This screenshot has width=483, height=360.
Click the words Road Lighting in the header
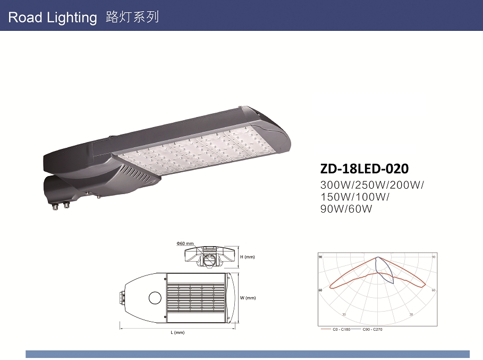click(53, 18)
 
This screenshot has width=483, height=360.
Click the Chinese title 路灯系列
click(132, 17)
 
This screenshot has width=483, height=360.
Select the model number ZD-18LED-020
click(365, 169)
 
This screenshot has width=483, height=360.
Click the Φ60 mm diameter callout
click(185, 244)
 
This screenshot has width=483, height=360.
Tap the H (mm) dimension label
click(248, 257)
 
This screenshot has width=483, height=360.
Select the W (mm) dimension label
click(248, 298)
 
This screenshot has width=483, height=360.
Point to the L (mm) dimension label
click(177, 332)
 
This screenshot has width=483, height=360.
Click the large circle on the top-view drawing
click(155, 298)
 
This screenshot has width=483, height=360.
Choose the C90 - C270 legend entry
click(372, 330)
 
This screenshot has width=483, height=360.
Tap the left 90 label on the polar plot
click(320, 257)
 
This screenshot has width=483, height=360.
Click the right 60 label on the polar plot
click(434, 290)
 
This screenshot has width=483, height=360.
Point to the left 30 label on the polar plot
click(343, 314)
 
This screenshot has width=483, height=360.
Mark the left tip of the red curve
click(331, 287)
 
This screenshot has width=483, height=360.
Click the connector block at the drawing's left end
click(121, 297)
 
